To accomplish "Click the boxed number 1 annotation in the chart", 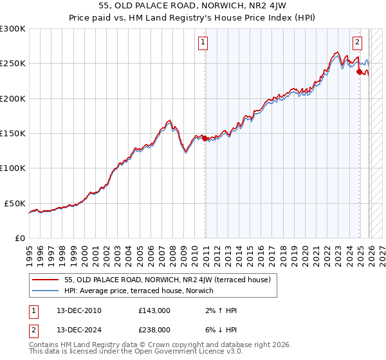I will pos(203,43).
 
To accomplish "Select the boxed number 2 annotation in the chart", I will pos(357,43).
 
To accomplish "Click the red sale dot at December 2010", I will pos(205,138).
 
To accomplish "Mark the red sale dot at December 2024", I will pos(359,72).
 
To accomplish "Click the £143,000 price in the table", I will pos(154,310).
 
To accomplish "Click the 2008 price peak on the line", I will pos(169,120).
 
